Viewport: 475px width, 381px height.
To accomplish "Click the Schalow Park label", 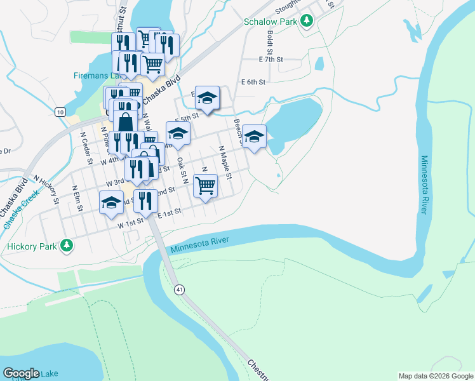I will pyautogui.click(x=271, y=22).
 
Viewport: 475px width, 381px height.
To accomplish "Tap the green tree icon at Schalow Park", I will pyautogui.click(x=307, y=21).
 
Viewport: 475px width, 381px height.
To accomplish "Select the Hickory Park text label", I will pyautogui.click(x=31, y=246).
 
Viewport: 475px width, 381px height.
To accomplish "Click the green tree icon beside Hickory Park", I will pyautogui.click(x=66, y=246).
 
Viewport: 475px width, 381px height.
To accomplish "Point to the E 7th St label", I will pyautogui.click(x=271, y=59).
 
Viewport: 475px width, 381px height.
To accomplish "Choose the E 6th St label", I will pyautogui.click(x=253, y=82).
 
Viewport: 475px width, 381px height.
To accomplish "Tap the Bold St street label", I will pyautogui.click(x=269, y=42).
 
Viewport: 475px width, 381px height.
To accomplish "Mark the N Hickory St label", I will pyautogui.click(x=46, y=190).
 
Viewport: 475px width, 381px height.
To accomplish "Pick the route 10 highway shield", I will pyautogui.click(x=60, y=112).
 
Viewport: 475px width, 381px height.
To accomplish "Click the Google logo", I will pyautogui.click(x=21, y=373).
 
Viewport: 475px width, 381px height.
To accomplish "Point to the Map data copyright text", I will pyautogui.click(x=436, y=376).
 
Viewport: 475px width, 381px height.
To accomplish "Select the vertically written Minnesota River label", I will pyautogui.click(x=424, y=185).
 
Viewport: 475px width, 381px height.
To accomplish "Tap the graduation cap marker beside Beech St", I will pyautogui.click(x=254, y=137).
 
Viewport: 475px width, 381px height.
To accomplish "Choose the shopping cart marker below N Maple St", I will pyautogui.click(x=205, y=187).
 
